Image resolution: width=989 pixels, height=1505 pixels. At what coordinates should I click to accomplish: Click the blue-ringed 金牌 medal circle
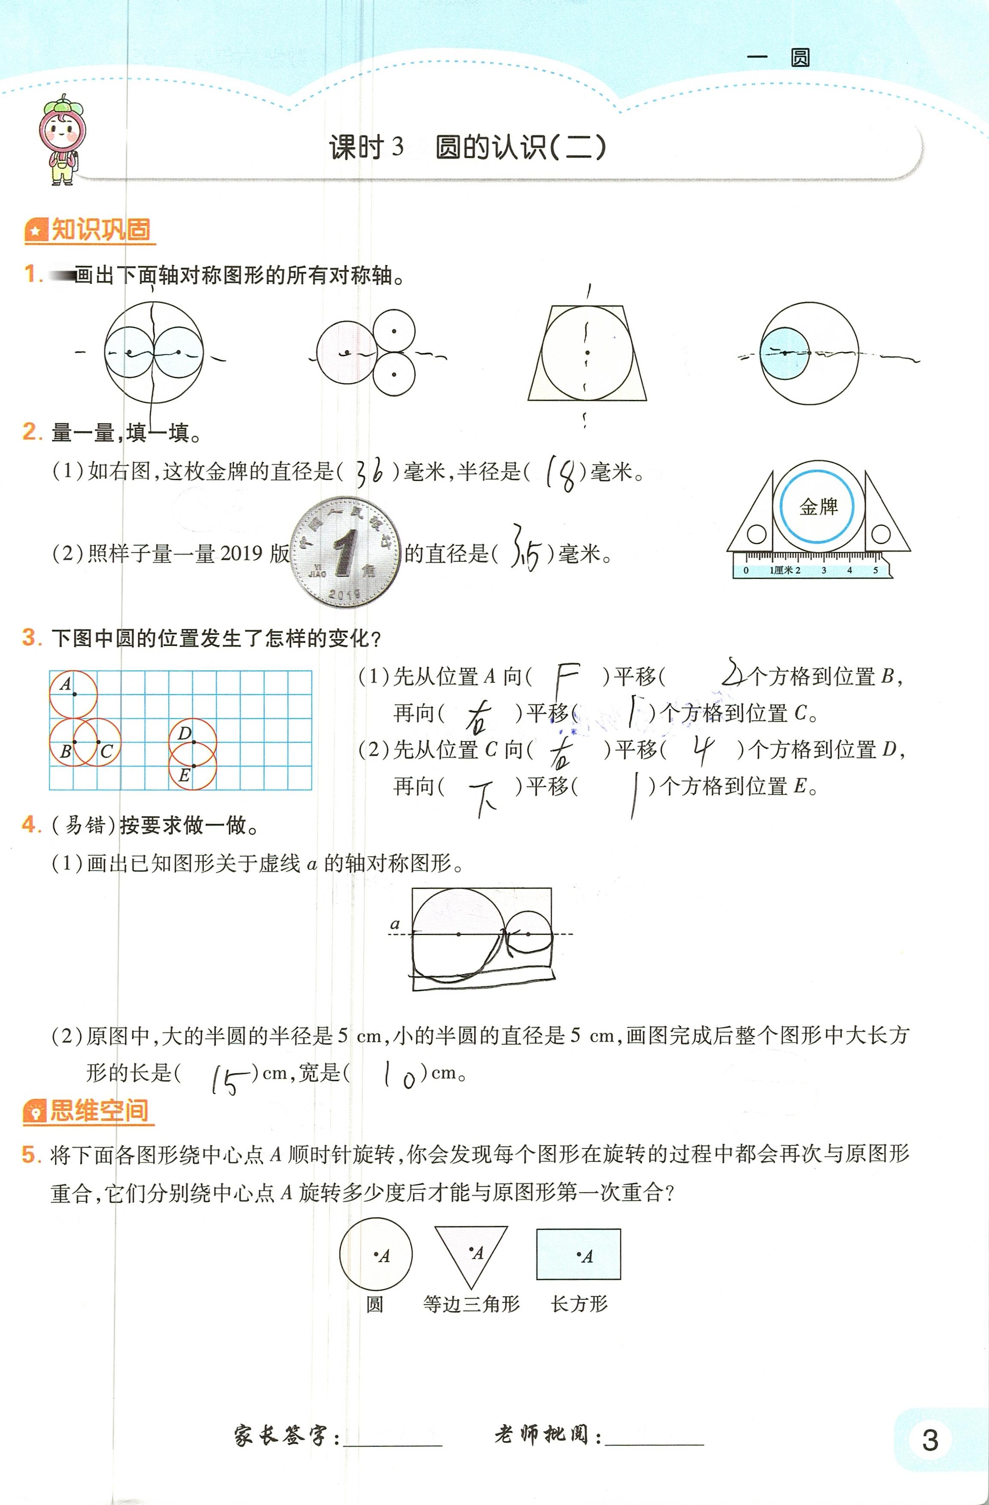[818, 506]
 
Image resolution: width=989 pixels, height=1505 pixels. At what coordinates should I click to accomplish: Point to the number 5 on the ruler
[875, 570]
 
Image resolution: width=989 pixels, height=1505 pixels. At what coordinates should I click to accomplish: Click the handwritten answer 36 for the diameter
[370, 472]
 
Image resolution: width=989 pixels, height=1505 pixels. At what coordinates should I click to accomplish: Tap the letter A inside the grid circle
[66, 684]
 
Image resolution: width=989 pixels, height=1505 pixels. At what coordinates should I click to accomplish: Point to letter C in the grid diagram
[106, 752]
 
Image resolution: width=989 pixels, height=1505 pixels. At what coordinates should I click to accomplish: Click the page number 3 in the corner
[930, 1440]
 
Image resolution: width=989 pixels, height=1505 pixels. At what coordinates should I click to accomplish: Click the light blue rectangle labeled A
[578, 1255]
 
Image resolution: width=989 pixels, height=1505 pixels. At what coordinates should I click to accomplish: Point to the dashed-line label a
[395, 924]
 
